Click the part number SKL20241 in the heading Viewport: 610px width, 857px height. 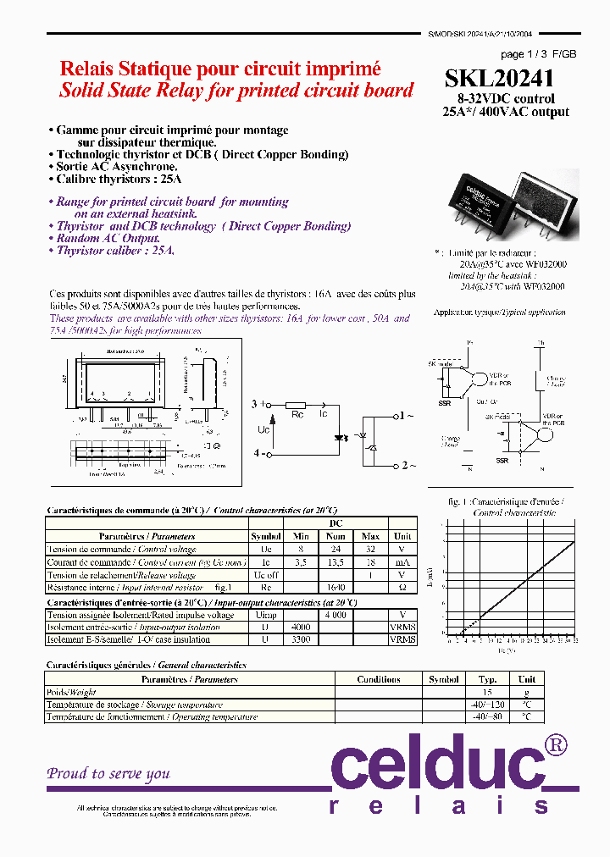click(x=499, y=79)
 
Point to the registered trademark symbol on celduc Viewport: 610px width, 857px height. click(x=556, y=745)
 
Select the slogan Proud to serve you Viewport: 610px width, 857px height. click(x=108, y=773)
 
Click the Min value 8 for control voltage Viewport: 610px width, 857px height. click(x=300, y=549)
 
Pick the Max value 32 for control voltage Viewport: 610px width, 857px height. click(x=371, y=549)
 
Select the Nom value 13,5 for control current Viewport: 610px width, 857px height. click(x=335, y=561)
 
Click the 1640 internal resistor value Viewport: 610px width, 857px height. click(x=335, y=587)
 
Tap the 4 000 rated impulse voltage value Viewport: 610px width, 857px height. click(x=335, y=615)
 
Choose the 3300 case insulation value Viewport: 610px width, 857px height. click(x=300, y=640)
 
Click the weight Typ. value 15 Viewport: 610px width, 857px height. click(x=487, y=692)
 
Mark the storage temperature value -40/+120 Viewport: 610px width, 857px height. click(x=487, y=705)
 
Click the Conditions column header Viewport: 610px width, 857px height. click(x=379, y=679)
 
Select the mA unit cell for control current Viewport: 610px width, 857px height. click(x=402, y=561)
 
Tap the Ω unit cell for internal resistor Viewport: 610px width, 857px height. click(x=402, y=587)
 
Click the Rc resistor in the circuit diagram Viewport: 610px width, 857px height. click(x=295, y=406)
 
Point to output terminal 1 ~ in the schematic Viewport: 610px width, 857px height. click(x=404, y=417)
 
